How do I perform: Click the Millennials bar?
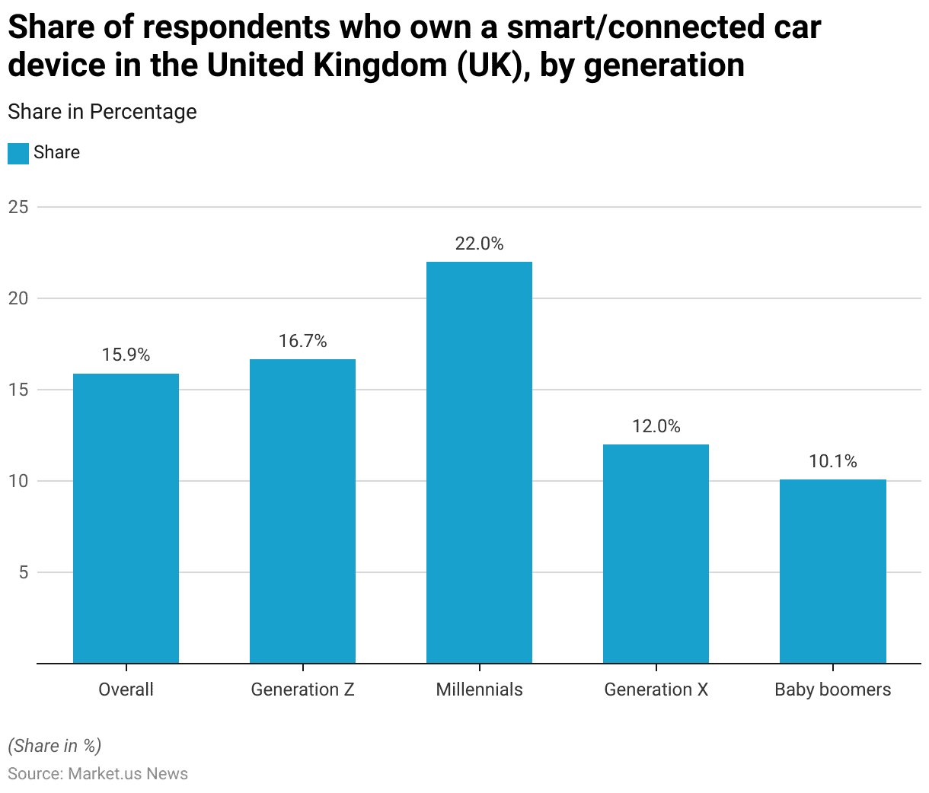(479, 462)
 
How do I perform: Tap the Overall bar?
(126, 518)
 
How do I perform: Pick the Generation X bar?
(656, 553)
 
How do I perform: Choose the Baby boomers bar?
(832, 571)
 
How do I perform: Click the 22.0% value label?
(479, 244)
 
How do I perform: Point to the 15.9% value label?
(126, 355)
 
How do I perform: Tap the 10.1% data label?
(832, 461)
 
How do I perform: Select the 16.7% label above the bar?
(302, 341)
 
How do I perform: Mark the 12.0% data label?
(656, 426)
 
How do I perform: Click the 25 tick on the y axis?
(18, 207)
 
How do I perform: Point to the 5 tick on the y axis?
(23, 572)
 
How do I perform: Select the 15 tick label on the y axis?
(18, 390)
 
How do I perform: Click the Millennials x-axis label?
(479, 689)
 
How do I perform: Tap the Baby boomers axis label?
(832, 689)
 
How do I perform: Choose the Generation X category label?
(656, 689)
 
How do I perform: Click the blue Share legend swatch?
(18, 153)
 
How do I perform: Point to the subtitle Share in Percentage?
(102, 112)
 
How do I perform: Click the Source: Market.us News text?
(97, 774)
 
